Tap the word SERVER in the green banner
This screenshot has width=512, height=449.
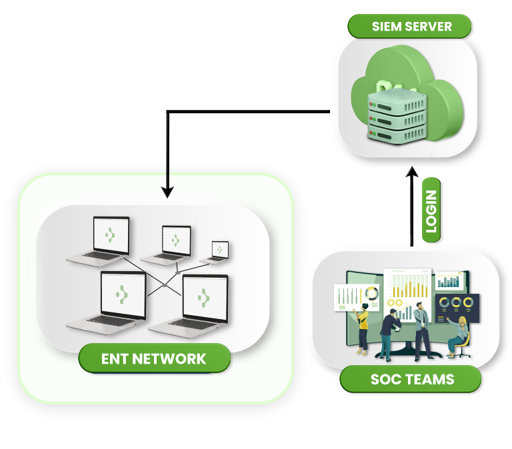tap(428, 27)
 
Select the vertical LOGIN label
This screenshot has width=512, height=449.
tap(431, 210)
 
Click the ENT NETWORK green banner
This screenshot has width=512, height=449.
tap(155, 358)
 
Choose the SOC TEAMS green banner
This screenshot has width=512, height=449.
tap(411, 379)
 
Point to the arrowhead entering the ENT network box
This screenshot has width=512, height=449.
tap(167, 193)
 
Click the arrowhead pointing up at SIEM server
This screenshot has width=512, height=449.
tap(412, 172)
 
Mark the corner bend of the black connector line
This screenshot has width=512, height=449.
tap(168, 112)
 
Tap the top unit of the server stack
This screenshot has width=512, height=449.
tap(397, 101)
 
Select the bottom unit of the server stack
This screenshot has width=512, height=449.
tap(397, 134)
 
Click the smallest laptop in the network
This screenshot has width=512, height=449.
tap(215, 252)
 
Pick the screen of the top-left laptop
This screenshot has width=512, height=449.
tap(111, 235)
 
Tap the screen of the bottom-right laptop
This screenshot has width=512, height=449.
tap(205, 298)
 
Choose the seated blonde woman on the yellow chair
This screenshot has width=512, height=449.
tap(458, 336)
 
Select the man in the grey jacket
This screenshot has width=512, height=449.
tap(422, 330)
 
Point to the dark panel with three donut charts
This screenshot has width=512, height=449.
tap(457, 308)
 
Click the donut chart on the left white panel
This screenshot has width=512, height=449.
tap(371, 293)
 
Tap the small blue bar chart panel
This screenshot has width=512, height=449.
tap(449, 281)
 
